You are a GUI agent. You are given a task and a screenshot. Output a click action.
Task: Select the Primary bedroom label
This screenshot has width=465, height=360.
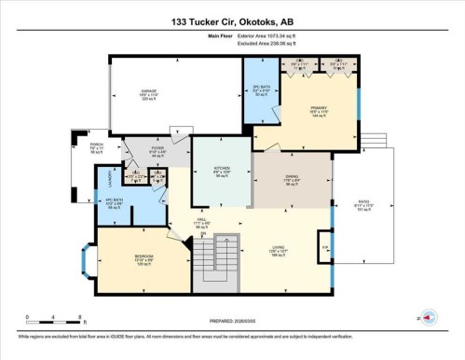pos(319,112)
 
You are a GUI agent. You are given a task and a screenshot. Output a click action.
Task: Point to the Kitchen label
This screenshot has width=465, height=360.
pos(210,173)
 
